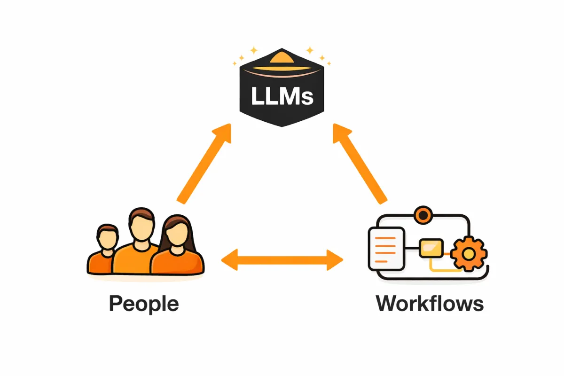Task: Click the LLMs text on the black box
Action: coord(282,96)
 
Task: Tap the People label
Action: coord(144,304)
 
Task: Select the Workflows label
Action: coord(430,304)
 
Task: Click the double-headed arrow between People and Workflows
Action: coord(282,259)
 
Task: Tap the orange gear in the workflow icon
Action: coord(468,254)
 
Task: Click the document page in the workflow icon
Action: coord(386,248)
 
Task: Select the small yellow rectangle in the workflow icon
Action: coord(431,248)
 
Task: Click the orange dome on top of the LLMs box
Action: coord(282,61)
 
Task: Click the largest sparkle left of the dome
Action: coord(254,50)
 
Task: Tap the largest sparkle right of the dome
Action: coord(310,50)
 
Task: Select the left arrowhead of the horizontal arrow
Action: coord(230,259)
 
